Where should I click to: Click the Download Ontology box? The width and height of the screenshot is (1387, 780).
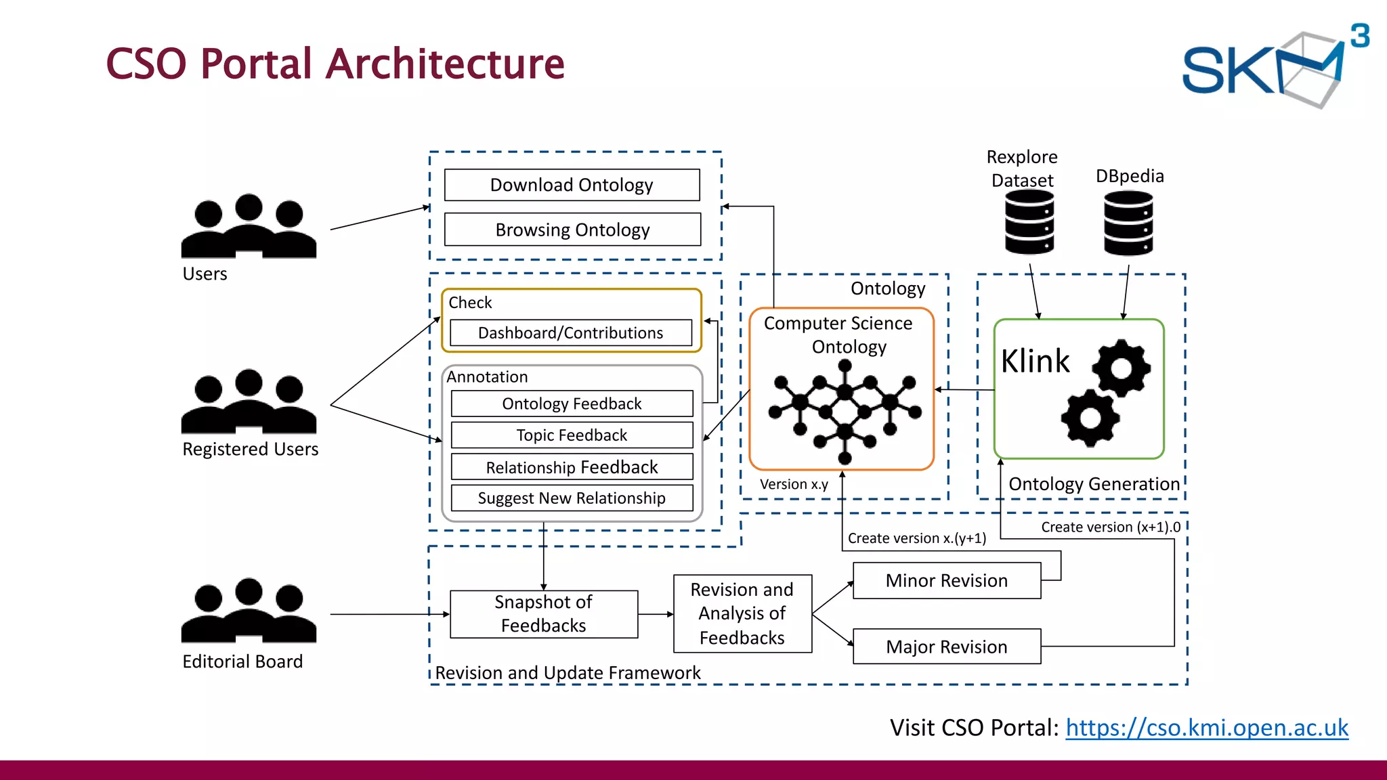[572, 185]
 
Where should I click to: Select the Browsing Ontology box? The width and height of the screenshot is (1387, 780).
[572, 230]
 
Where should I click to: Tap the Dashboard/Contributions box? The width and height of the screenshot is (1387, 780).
[570, 333]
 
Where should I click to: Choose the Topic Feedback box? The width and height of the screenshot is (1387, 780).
[572, 435]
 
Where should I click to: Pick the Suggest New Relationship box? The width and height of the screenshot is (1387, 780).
[572, 498]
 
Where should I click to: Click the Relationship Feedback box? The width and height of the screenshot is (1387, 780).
[572, 467]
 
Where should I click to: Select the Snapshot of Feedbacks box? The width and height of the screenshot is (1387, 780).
[543, 614]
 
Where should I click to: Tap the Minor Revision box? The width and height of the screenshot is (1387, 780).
[946, 581]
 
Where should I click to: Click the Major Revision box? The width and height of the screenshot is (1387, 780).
[946, 647]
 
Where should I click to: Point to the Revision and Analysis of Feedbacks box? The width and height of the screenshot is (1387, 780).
[742, 614]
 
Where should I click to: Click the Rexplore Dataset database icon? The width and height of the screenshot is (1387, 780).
[1029, 222]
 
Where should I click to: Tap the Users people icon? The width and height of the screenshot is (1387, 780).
[249, 227]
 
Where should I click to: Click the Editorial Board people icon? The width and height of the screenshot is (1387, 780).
[249, 611]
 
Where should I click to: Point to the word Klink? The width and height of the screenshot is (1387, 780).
[1035, 361]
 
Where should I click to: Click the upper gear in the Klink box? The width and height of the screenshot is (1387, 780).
[1121, 368]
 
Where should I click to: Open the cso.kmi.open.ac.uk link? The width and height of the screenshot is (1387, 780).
[1207, 728]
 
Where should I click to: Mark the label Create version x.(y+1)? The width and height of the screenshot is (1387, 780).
[916, 538]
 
